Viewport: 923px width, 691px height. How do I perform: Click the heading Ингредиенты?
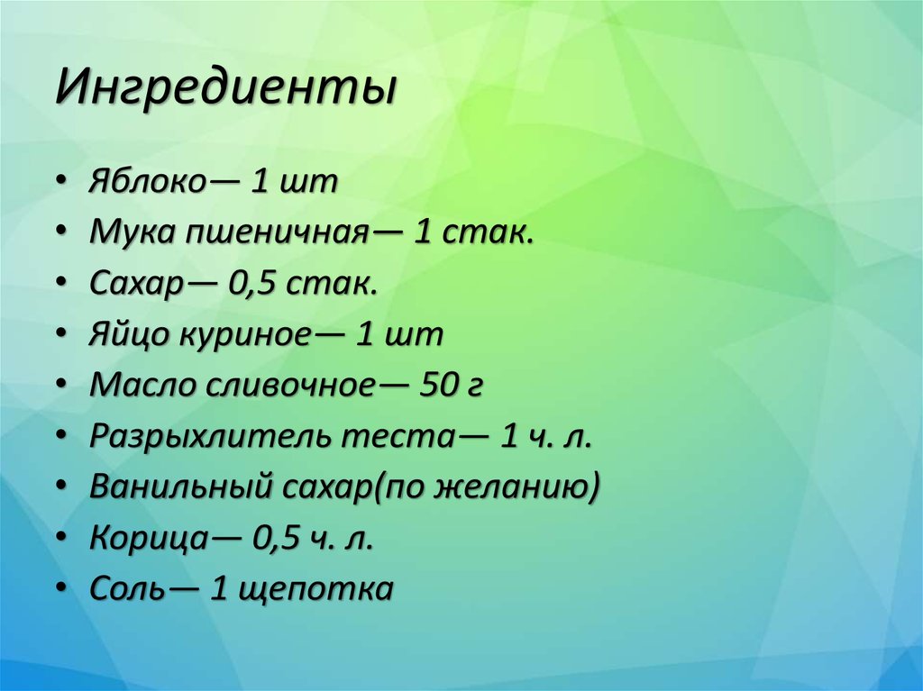tap(226, 91)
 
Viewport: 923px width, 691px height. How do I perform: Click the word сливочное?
tap(297, 386)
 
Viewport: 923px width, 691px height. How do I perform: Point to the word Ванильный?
tap(181, 488)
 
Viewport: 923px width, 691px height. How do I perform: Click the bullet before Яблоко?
tap(60, 183)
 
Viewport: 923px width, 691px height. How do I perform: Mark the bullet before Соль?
tap(60, 590)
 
